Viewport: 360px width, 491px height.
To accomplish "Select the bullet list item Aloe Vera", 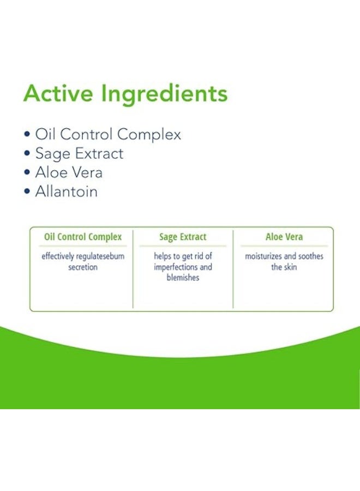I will (69, 173).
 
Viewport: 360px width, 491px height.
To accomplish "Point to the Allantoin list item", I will (66, 191).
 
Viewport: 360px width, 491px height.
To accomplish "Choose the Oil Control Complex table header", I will (82, 237).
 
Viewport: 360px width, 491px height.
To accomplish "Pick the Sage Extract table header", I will (183, 237).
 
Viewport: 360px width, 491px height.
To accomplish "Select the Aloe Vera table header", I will (284, 237).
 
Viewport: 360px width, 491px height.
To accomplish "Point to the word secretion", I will (83, 267).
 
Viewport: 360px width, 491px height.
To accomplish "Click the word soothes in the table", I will (310, 256).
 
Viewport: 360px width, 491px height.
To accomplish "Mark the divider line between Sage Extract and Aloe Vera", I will (233, 268).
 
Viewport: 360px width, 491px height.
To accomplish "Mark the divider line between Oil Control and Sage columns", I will (133, 268).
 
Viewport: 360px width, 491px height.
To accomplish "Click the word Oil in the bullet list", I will (44, 135).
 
